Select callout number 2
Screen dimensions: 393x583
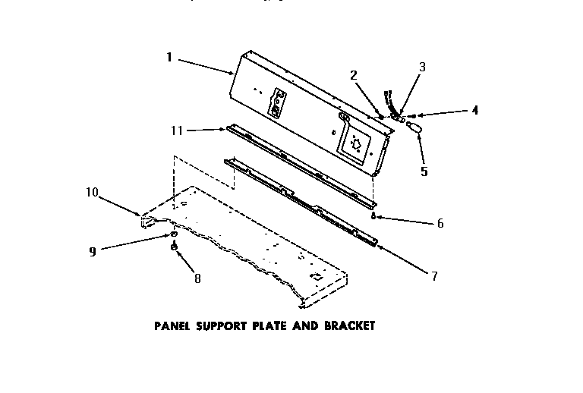point(354,74)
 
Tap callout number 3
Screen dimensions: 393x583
point(422,67)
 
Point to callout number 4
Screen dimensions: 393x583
point(474,110)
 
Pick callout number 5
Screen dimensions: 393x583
point(424,171)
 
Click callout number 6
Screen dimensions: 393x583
point(440,223)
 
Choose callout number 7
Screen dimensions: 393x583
point(434,276)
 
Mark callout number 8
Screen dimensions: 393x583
point(197,278)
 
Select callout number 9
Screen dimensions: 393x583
point(93,251)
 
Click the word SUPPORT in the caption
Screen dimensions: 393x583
point(219,327)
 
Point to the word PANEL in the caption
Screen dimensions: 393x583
point(171,327)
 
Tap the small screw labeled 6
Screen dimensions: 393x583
point(373,216)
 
